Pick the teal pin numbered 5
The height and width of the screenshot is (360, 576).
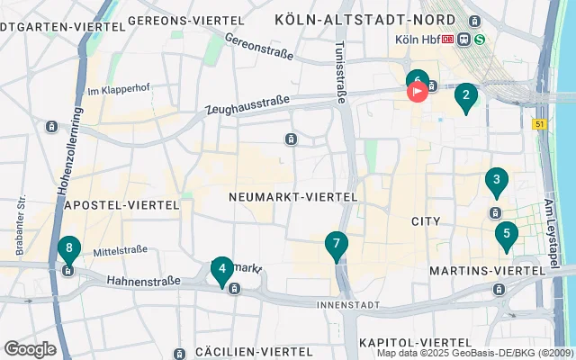point(507,236)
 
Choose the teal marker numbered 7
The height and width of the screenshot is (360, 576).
point(336,244)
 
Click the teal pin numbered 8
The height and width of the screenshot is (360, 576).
point(68,249)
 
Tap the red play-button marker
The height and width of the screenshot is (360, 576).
point(418,91)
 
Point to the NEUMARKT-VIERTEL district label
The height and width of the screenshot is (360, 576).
point(293,196)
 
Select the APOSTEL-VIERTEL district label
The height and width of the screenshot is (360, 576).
point(122,205)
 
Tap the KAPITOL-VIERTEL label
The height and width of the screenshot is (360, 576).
point(413,343)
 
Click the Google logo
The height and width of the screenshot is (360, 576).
point(30,348)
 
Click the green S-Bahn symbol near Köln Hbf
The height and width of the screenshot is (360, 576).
point(481,39)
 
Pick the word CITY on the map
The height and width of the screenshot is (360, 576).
point(425,220)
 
